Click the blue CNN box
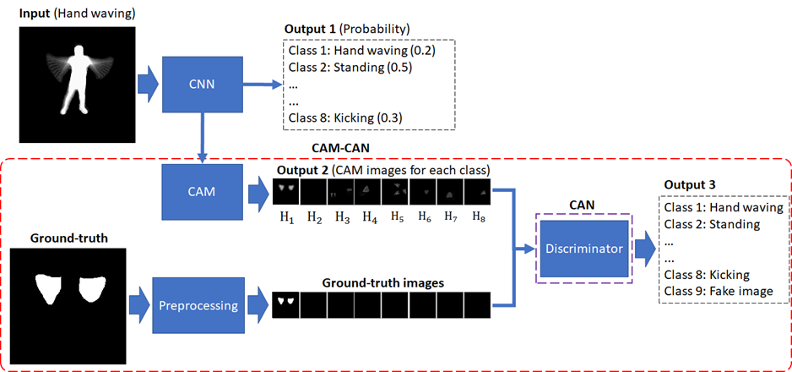[x=202, y=85]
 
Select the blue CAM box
[x=202, y=192]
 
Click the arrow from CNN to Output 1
[x=261, y=85]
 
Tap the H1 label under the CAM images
[x=286, y=217]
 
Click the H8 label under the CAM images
[x=480, y=217]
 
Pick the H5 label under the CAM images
[x=397, y=217]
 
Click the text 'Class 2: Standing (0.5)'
[x=350, y=67]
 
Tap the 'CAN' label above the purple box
[x=583, y=205]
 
